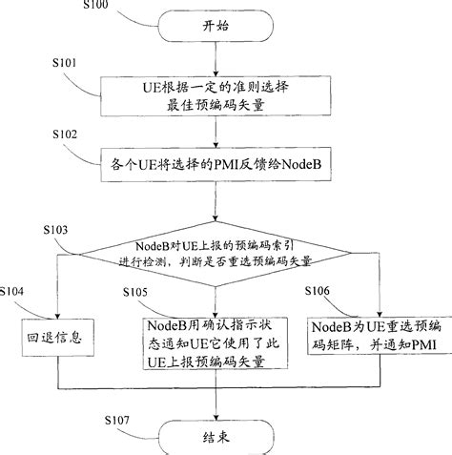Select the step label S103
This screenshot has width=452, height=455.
64,230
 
